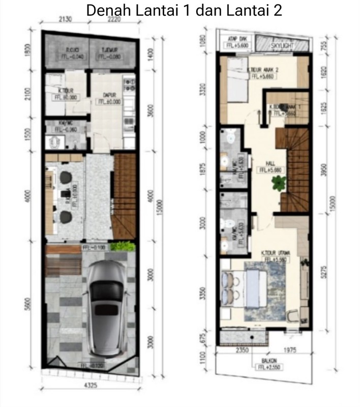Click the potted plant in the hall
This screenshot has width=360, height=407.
pos(279,182)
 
